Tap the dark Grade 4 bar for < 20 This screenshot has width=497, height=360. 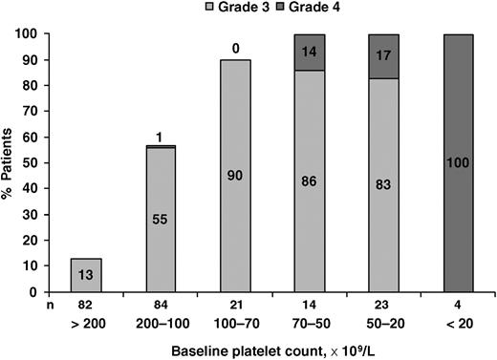point(463,159)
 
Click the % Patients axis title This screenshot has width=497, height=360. point(12,159)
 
